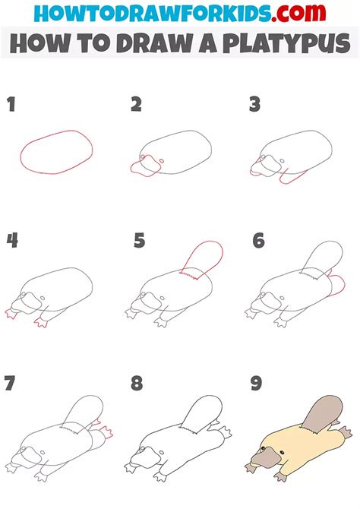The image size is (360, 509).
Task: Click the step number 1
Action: (x=11, y=105)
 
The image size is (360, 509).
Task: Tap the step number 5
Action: (x=139, y=241)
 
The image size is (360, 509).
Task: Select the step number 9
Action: (x=256, y=383)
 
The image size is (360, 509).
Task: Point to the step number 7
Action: (x=10, y=383)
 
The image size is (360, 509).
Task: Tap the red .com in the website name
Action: (x=298, y=13)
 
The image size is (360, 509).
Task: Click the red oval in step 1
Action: (x=56, y=131)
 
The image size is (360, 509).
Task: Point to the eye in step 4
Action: (x=43, y=298)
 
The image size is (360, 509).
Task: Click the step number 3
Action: (x=255, y=105)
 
